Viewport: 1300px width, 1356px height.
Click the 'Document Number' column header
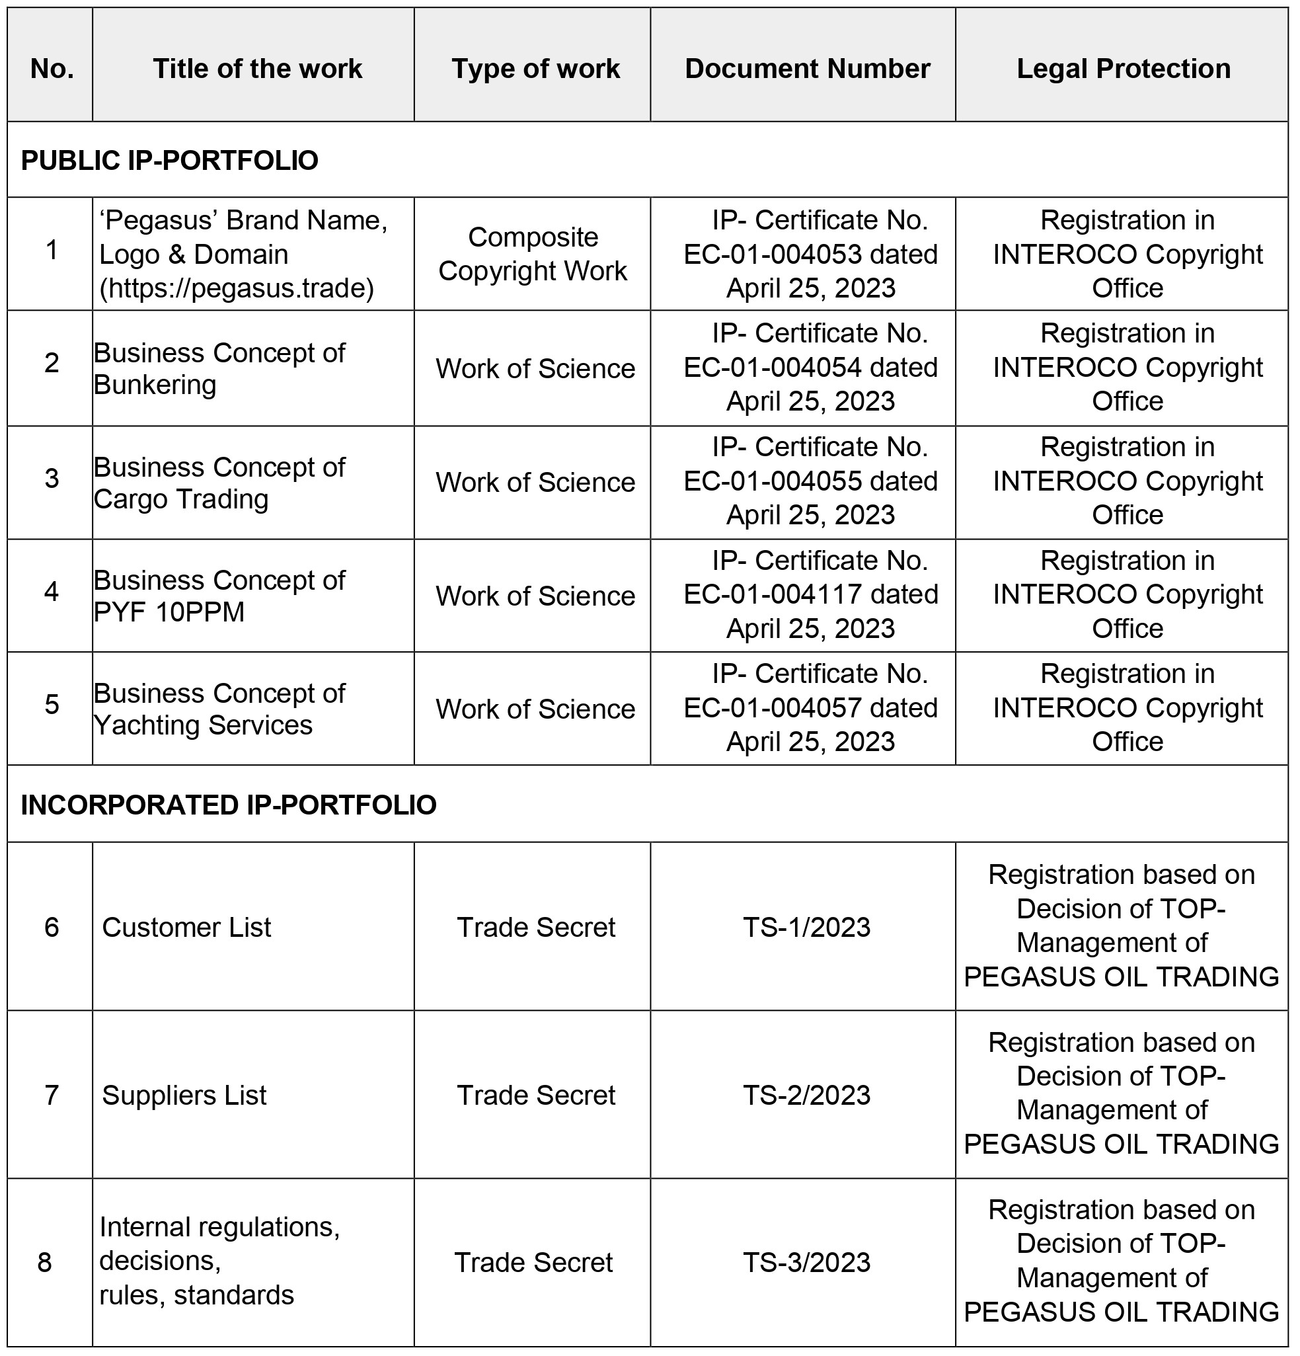click(807, 69)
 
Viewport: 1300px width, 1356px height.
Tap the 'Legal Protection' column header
click(1123, 69)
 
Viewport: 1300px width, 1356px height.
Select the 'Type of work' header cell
click(535, 69)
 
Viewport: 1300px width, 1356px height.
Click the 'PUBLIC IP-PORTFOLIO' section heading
click(169, 161)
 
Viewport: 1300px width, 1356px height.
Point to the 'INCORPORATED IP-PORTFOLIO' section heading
click(228, 805)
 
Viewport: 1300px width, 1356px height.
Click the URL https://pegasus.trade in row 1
click(237, 288)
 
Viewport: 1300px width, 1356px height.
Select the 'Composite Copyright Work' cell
click(533, 254)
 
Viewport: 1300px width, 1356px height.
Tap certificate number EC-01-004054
click(773, 368)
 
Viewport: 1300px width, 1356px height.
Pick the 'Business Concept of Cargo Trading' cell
click(219, 483)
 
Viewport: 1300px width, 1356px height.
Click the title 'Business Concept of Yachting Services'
click(219, 709)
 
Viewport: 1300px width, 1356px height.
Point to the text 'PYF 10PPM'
click(169, 612)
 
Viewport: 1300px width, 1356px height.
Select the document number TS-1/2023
click(806, 928)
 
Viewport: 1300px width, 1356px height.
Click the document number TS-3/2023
click(806, 1263)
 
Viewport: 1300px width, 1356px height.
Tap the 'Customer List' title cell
click(186, 928)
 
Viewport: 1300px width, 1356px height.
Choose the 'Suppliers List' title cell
click(184, 1095)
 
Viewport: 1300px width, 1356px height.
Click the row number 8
click(45, 1263)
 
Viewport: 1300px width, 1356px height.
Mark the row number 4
click(51, 592)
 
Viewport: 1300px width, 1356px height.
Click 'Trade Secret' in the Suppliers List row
click(536, 1095)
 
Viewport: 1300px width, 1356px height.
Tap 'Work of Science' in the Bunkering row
click(535, 369)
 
